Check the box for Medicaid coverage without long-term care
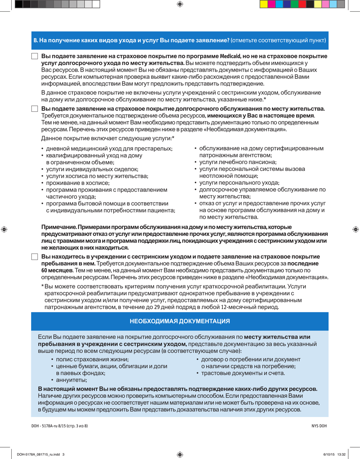pyautogui.click(x=34, y=56)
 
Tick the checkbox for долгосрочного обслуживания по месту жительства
pyautogui.click(x=34, y=109)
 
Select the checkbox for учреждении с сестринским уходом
pyautogui.click(x=34, y=257)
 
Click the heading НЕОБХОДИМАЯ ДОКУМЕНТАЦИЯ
pyautogui.click(x=180, y=321)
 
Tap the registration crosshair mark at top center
pyautogui.click(x=180, y=4)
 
